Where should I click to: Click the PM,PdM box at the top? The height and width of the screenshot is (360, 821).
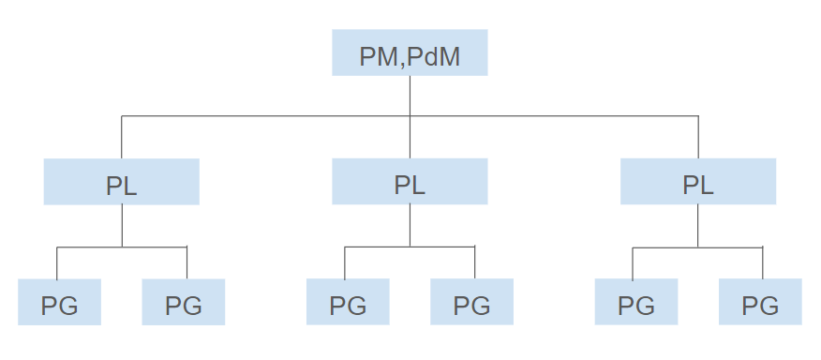410,52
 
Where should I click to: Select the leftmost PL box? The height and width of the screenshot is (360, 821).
121,182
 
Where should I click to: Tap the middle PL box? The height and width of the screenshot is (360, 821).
410,182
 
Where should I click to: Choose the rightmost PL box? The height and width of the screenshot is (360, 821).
698,182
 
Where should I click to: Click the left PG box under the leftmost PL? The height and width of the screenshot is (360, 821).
59,302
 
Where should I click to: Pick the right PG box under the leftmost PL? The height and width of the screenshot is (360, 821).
184,302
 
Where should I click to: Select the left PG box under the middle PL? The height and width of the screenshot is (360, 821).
348,302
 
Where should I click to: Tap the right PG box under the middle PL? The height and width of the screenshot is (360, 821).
472,302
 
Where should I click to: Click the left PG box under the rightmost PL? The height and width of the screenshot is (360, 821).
636,302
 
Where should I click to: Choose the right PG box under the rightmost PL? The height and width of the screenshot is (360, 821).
760,302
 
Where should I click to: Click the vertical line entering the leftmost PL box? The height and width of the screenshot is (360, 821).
121,137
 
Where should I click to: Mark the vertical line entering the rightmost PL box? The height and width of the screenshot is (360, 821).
698,137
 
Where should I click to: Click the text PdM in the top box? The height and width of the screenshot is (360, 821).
435,58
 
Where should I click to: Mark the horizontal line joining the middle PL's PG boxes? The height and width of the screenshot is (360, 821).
410,247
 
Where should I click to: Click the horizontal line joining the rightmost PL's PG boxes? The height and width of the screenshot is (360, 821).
698,247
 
